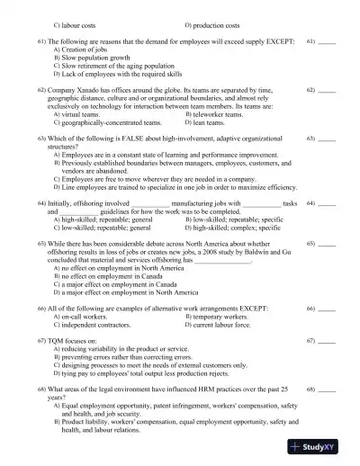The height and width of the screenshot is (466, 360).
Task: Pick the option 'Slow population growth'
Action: (100, 58)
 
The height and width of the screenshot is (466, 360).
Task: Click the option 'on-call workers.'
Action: (88, 317)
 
